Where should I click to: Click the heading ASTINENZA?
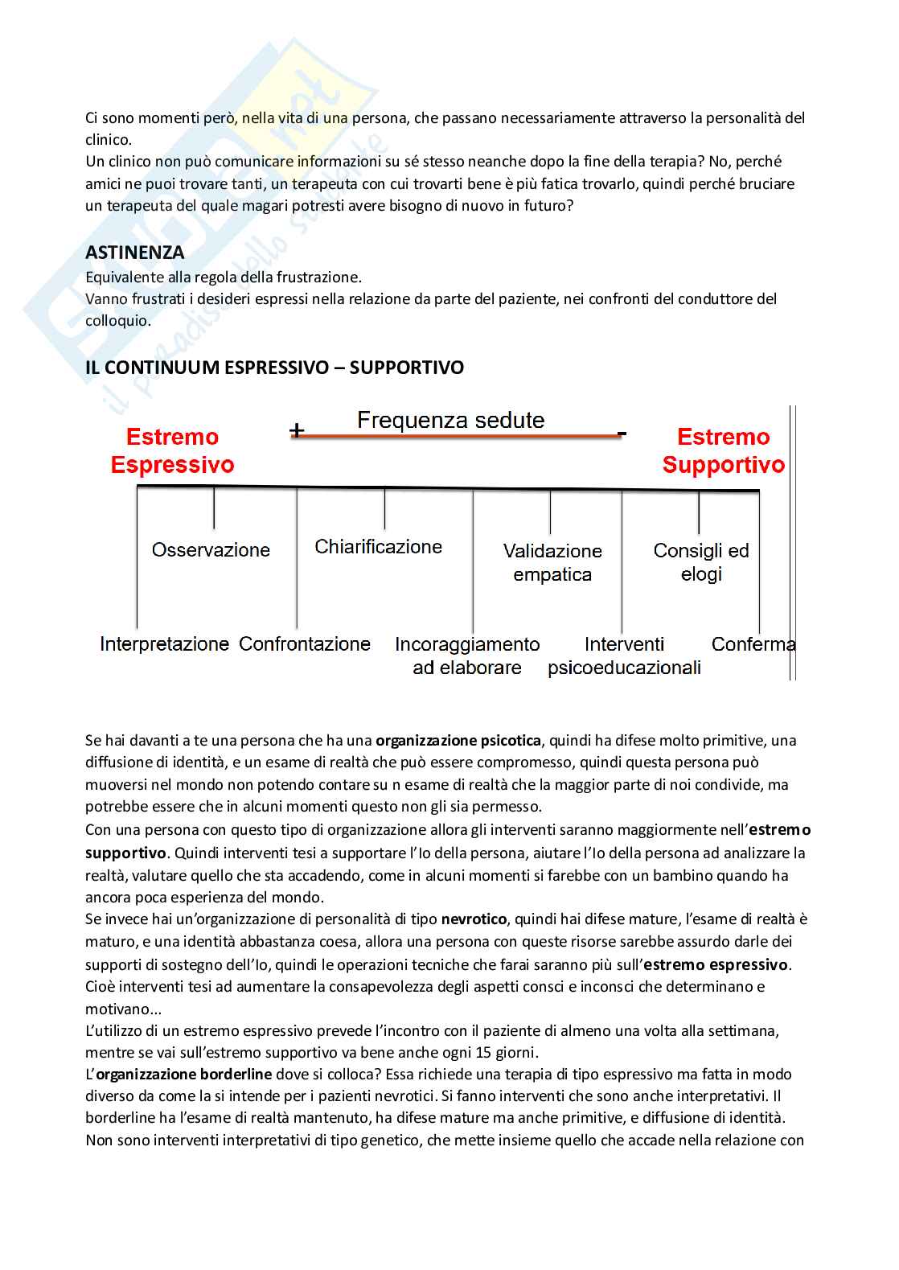point(134,253)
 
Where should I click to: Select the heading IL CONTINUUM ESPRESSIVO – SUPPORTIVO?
point(274,368)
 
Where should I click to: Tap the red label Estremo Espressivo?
point(172,451)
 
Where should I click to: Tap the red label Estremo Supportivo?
point(723,451)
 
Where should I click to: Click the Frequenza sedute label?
point(450,420)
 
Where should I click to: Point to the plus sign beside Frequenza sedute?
point(297,431)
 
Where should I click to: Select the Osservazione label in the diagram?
point(211,550)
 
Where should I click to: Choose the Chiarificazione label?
point(378,547)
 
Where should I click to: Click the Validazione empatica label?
point(552,562)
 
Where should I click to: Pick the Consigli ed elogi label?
point(701,561)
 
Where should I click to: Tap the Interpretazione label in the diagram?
point(164,644)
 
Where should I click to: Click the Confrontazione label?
point(305,644)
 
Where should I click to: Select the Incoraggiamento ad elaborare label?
point(467,656)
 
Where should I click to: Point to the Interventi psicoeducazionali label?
point(624,656)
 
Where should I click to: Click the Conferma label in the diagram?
point(753,644)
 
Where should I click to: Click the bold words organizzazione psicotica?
point(459,741)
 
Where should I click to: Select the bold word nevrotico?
point(474,919)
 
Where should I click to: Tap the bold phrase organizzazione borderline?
point(184,1075)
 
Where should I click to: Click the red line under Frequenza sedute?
point(454,436)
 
